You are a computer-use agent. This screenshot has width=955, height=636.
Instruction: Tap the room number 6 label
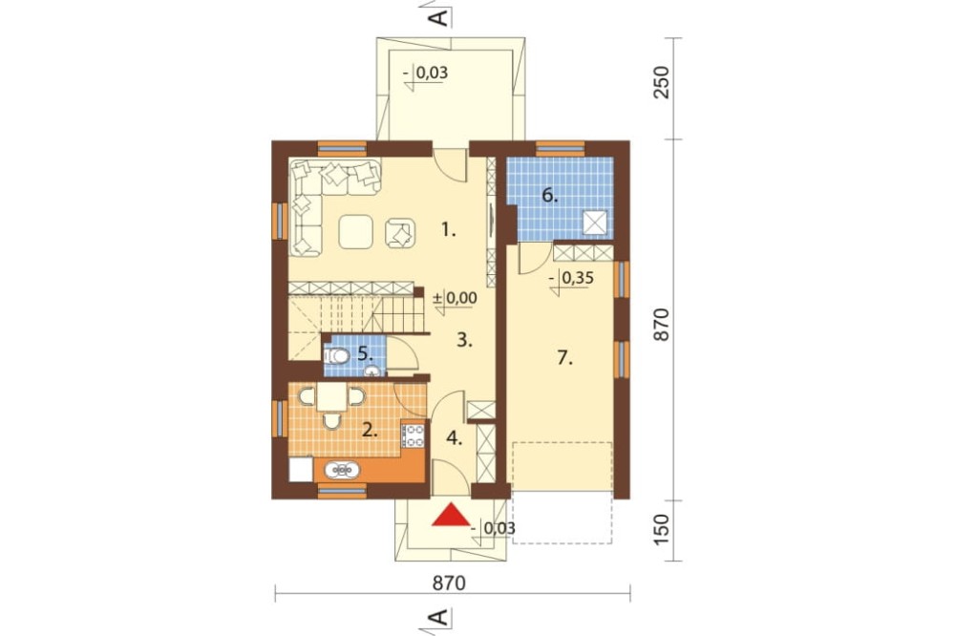tap(550, 196)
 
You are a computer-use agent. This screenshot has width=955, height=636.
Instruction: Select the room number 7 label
tap(565, 358)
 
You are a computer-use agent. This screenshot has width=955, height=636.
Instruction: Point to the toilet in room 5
tap(337, 355)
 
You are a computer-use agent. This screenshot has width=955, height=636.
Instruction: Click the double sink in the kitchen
tap(342, 470)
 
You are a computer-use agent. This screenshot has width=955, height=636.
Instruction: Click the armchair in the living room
tap(400, 233)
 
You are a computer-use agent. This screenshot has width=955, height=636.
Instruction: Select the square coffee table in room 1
tap(355, 231)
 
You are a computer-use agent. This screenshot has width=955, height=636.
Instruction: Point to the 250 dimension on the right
tap(661, 82)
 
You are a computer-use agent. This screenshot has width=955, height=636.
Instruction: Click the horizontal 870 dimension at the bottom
tap(449, 583)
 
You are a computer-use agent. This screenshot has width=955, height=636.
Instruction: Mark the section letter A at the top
tap(438, 16)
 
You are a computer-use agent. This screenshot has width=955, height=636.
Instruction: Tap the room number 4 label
tap(454, 437)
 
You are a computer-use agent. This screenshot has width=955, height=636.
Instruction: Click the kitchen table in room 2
tap(332, 397)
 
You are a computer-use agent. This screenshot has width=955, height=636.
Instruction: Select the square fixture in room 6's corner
tap(595, 223)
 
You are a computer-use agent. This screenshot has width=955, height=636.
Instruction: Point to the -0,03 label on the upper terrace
tap(425, 74)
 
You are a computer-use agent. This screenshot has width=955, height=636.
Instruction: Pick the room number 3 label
tap(465, 340)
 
